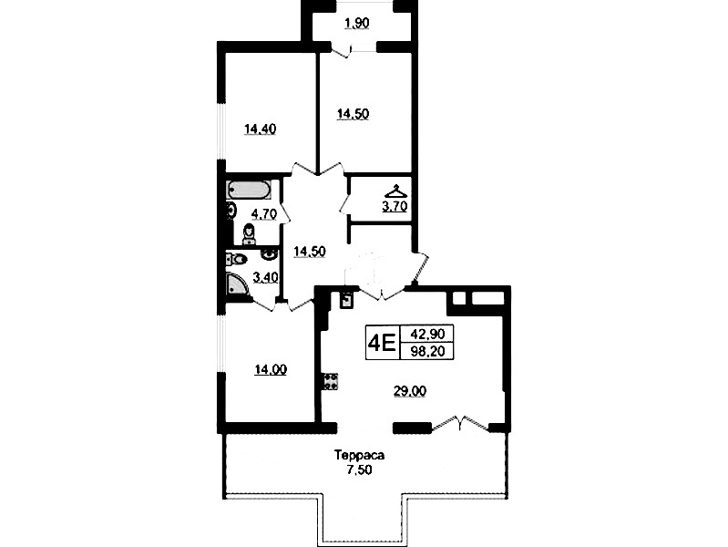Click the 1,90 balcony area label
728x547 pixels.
(x=356, y=23)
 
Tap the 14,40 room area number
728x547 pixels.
(x=260, y=129)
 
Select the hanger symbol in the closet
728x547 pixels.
(x=395, y=191)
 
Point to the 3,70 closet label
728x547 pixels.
(x=395, y=206)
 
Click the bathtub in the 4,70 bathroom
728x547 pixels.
(x=249, y=189)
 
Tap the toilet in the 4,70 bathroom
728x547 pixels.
(x=250, y=233)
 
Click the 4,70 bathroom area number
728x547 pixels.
(x=264, y=214)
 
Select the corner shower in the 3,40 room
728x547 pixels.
(x=237, y=284)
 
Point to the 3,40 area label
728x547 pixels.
(x=265, y=278)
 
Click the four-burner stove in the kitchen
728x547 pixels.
(x=330, y=382)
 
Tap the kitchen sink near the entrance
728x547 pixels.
(x=346, y=300)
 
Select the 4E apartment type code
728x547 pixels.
(x=382, y=344)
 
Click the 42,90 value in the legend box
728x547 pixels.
(x=427, y=334)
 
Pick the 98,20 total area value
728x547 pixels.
(x=427, y=351)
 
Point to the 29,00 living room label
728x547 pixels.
(x=410, y=391)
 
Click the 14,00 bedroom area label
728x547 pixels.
(x=271, y=370)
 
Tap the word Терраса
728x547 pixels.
(x=360, y=455)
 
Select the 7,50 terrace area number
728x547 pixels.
(x=359, y=470)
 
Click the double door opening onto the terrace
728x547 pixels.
(x=459, y=423)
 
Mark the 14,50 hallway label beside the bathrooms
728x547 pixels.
(x=310, y=252)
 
